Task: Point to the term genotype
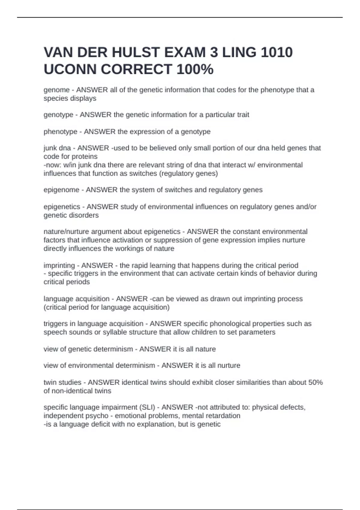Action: click(x=58, y=115)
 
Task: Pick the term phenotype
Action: click(x=60, y=132)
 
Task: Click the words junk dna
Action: click(x=57, y=148)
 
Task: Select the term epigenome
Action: click(x=61, y=190)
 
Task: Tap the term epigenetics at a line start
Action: click(x=62, y=207)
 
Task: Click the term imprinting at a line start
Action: click(x=59, y=265)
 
